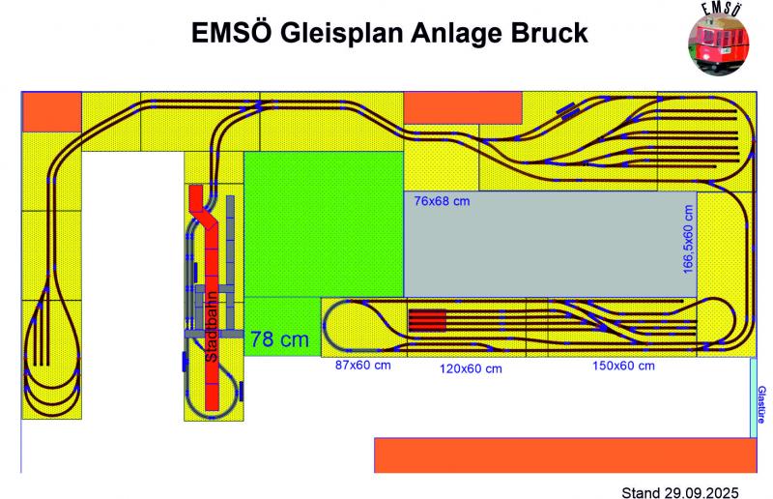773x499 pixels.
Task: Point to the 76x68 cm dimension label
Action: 442,201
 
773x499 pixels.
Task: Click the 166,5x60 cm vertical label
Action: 688,238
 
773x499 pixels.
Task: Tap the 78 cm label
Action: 279,339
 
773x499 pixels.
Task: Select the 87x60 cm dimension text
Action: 363,367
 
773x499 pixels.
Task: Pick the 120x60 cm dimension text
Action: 472,368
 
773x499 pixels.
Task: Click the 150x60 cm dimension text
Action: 622,366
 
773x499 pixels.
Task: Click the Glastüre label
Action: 761,403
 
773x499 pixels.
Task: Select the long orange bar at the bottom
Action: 565,455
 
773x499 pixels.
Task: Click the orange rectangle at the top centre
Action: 462,107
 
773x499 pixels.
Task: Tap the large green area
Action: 323,222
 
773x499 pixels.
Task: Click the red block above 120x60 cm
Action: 426,320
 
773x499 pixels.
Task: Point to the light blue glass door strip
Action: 754,396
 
